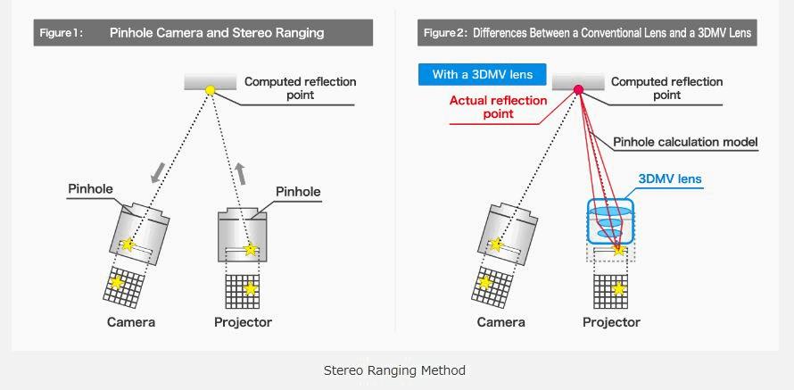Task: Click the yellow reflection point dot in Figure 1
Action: click(x=211, y=91)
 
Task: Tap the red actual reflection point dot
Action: click(x=578, y=90)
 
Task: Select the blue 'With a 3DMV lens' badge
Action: click(x=482, y=74)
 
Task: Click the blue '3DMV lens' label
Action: click(x=669, y=178)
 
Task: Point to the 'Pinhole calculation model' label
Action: click(x=685, y=142)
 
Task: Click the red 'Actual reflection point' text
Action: click(x=499, y=107)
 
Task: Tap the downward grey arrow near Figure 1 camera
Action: click(x=157, y=172)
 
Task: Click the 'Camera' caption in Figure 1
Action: click(x=130, y=322)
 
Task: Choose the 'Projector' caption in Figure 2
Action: click(x=611, y=322)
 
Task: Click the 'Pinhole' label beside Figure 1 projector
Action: click(x=298, y=192)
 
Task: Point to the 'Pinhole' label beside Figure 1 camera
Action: click(x=91, y=189)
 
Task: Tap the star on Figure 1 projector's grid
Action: click(x=250, y=288)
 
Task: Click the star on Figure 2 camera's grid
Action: click(x=485, y=282)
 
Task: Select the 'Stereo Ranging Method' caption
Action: click(x=394, y=370)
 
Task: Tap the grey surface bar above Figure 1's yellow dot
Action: click(x=211, y=81)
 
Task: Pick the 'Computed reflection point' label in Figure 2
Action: click(x=667, y=88)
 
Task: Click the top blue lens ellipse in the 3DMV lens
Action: click(x=611, y=211)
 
